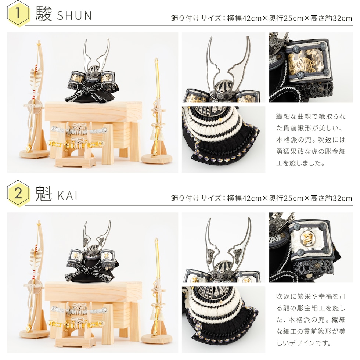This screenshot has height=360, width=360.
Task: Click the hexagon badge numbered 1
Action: coord(18,14)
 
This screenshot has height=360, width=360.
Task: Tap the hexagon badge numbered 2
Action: coord(18,194)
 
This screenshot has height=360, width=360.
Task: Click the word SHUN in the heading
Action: coord(74,16)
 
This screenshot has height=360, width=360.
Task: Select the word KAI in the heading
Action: coord(67,196)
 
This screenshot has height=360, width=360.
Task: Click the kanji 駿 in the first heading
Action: coord(44,14)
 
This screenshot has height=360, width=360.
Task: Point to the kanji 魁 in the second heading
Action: coord(44,194)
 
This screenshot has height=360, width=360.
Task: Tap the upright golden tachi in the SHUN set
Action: coord(157,107)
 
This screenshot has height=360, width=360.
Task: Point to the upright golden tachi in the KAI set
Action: coord(157,287)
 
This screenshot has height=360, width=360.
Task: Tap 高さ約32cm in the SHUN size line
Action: coord(331,18)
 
